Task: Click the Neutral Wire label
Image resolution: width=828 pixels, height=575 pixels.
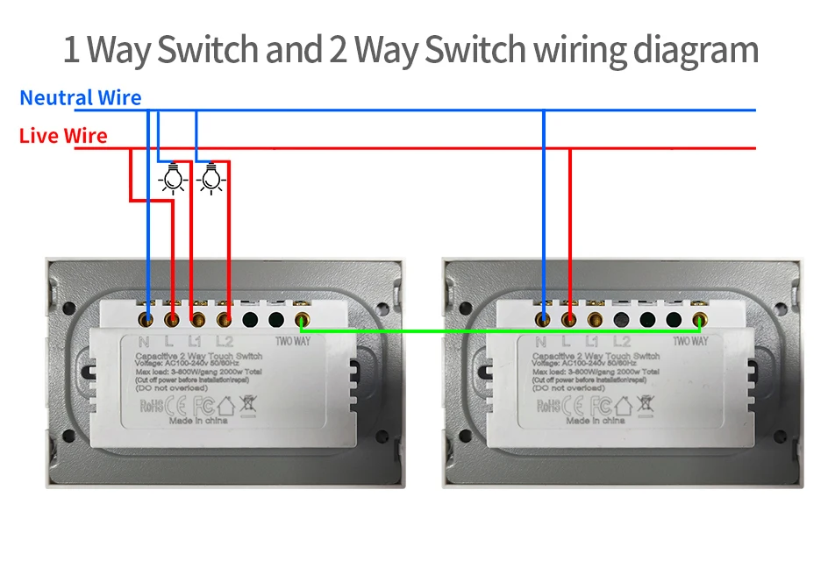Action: pyautogui.click(x=80, y=97)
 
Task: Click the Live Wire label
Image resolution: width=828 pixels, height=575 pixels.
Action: pyautogui.click(x=63, y=136)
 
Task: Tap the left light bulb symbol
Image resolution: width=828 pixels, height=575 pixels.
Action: pyautogui.click(x=174, y=178)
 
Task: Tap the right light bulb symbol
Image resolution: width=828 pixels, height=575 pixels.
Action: pyautogui.click(x=210, y=178)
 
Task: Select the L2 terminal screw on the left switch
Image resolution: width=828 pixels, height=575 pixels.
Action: pyautogui.click(x=225, y=320)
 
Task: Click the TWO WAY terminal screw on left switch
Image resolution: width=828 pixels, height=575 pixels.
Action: pyautogui.click(x=303, y=320)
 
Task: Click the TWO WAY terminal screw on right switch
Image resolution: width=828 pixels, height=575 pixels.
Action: pyautogui.click(x=699, y=320)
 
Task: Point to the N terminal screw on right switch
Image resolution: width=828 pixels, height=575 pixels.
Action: pyautogui.click(x=544, y=320)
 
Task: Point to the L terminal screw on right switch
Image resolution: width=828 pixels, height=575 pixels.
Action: pyautogui.click(x=569, y=320)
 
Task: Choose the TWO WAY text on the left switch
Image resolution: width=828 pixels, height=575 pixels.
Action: pyautogui.click(x=294, y=341)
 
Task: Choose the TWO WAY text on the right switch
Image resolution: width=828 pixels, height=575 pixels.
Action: pyautogui.click(x=690, y=341)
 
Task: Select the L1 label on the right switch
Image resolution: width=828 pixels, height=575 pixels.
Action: pyautogui.click(x=592, y=342)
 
